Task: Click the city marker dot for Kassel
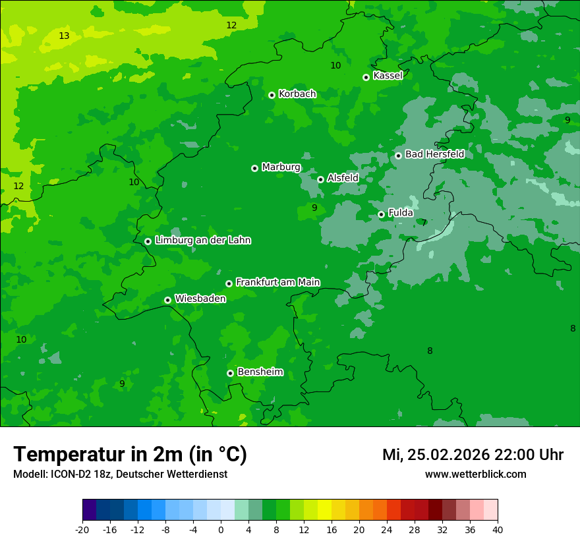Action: [366, 77]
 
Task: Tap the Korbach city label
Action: [297, 94]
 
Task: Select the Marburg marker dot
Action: [254, 168]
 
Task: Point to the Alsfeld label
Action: [343, 178]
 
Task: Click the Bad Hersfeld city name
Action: [434, 154]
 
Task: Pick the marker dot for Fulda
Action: [381, 214]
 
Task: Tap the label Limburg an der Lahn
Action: [202, 241]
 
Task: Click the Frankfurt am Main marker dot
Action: [229, 283]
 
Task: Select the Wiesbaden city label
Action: [200, 299]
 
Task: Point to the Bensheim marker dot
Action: [230, 373]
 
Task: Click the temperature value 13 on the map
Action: [64, 36]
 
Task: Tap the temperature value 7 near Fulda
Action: [424, 223]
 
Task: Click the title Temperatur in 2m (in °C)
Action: [130, 454]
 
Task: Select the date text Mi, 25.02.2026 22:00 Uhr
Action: [473, 455]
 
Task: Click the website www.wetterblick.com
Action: [475, 474]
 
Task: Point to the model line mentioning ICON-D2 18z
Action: [120, 474]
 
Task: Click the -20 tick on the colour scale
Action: [82, 529]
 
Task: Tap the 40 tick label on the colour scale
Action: [497, 529]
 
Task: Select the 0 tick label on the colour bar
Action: [221, 529]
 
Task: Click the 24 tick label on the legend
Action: [386, 529]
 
